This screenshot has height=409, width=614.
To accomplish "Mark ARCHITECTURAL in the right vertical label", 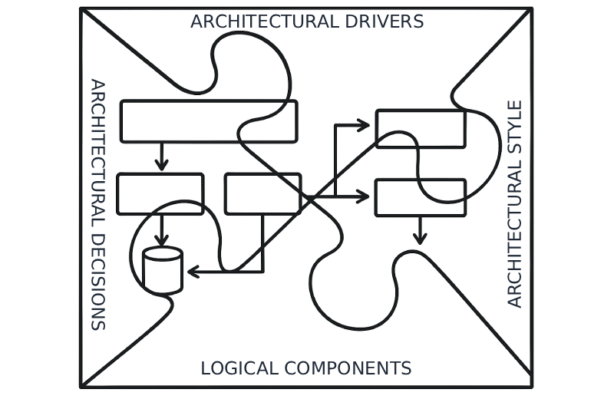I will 515,235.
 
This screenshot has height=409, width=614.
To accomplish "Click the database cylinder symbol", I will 163,270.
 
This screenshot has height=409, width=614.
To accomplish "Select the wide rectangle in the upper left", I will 209,121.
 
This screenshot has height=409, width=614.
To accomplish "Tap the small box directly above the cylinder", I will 160,194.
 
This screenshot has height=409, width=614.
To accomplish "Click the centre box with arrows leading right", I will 262,194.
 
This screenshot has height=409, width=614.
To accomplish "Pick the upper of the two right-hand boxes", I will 421,128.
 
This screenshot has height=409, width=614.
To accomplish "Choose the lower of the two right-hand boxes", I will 421,198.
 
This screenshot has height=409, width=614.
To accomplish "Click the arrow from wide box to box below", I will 161,157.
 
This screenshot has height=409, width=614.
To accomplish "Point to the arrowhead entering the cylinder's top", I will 162,241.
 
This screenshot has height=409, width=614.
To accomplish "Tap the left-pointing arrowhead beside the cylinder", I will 193,272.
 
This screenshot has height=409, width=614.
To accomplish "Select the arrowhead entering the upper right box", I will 364,125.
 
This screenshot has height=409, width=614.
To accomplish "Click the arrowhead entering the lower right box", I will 363,197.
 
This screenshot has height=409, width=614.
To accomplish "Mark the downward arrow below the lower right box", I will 419,231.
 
